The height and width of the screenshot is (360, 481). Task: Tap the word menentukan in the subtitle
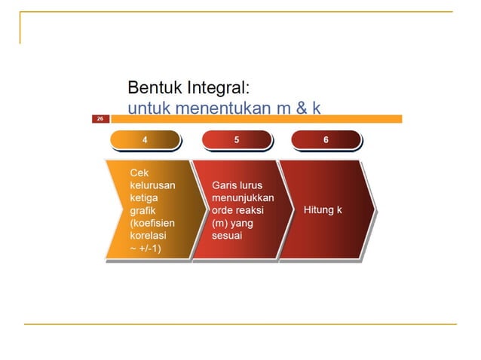point(218,108)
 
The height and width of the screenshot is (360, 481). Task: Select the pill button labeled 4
point(145,140)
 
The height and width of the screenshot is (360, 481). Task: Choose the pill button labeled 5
point(236,140)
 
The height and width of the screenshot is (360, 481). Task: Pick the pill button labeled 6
point(325,140)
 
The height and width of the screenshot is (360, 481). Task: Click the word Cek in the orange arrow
point(139,172)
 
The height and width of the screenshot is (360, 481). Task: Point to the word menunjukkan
point(243,197)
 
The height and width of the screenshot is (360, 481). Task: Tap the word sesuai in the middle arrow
point(226,236)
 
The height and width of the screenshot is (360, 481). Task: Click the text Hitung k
point(323,209)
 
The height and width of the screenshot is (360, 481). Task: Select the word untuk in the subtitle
point(146,108)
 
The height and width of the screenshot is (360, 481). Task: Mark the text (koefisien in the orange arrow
point(152,223)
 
